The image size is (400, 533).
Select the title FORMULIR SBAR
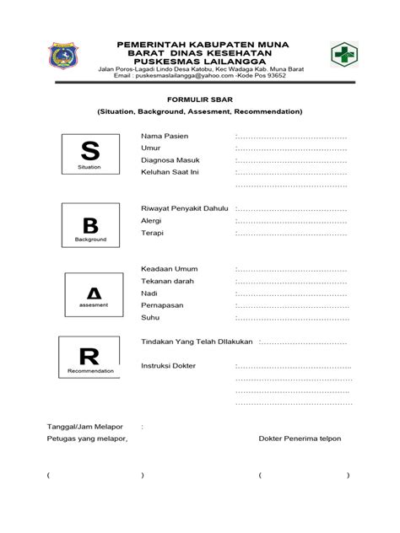pos(199,99)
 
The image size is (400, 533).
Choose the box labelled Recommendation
pos(90,357)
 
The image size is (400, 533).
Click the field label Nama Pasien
pos(165,136)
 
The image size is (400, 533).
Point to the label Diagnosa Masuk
pos(170,159)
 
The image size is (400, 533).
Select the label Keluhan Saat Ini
pos(170,171)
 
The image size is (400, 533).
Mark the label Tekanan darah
pos(167,282)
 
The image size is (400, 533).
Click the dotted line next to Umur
pos(292,148)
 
